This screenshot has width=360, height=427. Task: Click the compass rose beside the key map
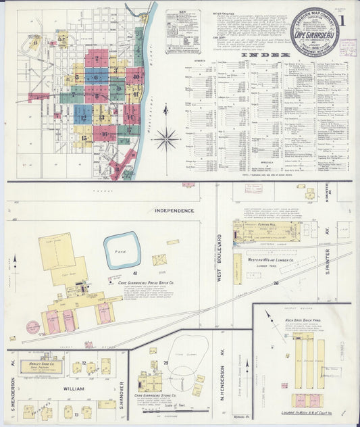coord(165,139)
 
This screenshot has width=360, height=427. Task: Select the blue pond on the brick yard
coord(122,249)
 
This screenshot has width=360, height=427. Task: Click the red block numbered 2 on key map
coord(97,58)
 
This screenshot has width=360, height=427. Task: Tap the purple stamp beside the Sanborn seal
coord(348,47)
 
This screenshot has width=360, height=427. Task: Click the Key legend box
coord(182,23)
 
